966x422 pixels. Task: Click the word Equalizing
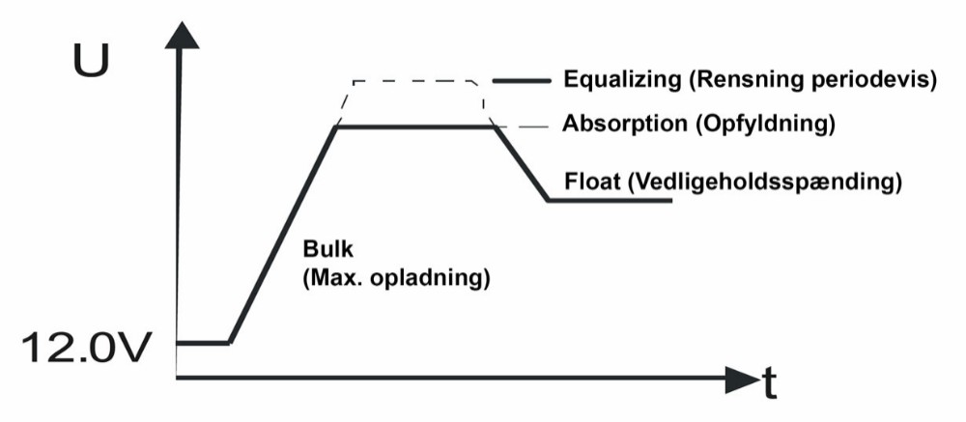coord(611,79)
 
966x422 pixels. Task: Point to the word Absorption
coord(612,126)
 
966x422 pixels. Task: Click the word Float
coord(590,181)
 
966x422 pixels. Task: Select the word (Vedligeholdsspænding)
coord(764,181)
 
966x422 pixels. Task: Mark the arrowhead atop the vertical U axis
coord(179,34)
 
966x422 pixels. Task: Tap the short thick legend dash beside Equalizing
coord(521,80)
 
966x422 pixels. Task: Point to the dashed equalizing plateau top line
coord(415,80)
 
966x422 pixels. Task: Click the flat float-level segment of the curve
coord(609,200)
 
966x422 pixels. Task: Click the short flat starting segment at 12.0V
coord(204,342)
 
